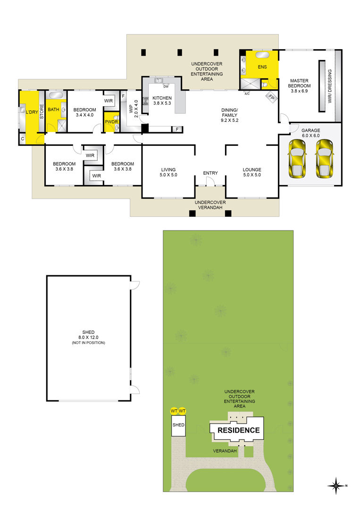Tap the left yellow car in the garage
click(x=297, y=159)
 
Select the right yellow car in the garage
click(x=325, y=159)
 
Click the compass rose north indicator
click(x=336, y=486)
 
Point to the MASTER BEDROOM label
click(x=299, y=85)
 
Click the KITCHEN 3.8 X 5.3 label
click(x=162, y=101)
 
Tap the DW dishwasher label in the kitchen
click(x=166, y=86)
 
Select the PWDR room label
click(x=111, y=122)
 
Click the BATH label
click(x=53, y=110)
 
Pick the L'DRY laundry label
click(x=32, y=112)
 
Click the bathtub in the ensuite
click(x=262, y=55)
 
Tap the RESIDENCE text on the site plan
click(x=238, y=430)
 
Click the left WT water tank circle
click(x=174, y=411)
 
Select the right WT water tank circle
click(x=182, y=411)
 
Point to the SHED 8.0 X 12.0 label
click(x=88, y=337)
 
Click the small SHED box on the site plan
click(x=178, y=425)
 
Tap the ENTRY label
click(x=210, y=173)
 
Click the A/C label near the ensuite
click(x=247, y=93)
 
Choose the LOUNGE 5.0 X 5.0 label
click(x=252, y=172)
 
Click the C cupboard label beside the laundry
click(x=23, y=139)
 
